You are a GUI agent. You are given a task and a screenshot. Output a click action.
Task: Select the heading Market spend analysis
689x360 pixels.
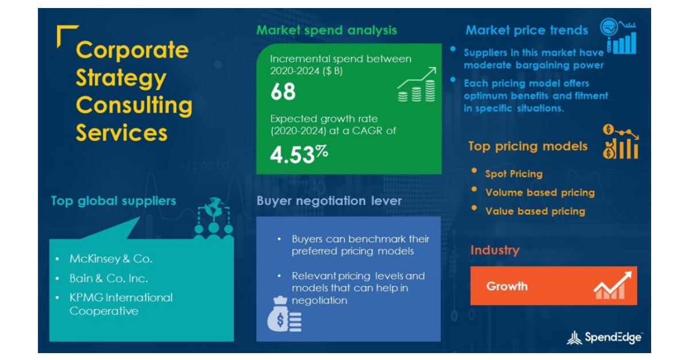coord(326,30)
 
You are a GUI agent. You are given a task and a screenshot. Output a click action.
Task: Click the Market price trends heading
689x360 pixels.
coord(527,30)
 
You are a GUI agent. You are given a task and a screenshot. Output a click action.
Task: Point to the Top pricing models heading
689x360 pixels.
coord(528,146)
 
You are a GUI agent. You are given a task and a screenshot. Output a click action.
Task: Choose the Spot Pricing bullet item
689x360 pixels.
coord(513,174)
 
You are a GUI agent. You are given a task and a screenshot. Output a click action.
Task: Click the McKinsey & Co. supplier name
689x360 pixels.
coord(111,259)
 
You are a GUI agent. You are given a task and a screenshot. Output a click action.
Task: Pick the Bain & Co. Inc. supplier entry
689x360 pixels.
coord(109,278)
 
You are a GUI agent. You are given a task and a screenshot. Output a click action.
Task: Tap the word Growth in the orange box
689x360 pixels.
coord(507,286)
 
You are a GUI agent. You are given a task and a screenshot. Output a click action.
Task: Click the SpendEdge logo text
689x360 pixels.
coord(613,338)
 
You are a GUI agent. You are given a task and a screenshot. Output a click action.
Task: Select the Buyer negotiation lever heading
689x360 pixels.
coord(329,201)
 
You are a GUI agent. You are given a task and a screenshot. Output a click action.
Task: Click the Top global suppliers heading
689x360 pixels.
coord(113,201)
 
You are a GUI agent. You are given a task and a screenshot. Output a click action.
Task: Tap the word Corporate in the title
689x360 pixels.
coord(132,51)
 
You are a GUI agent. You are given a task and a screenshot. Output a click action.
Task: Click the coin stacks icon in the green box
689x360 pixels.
coord(417,91)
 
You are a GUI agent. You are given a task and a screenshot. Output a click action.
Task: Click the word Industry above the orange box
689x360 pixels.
coord(494,250)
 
